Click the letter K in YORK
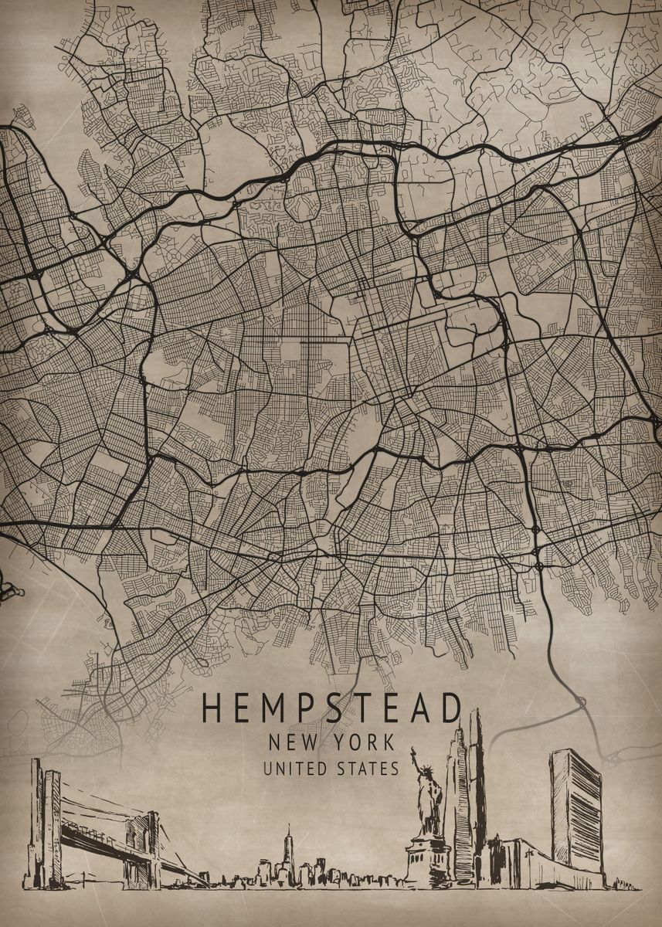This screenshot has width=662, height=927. point(388,743)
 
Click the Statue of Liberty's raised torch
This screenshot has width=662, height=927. point(413,752)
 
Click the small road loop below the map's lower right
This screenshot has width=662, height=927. point(580,701)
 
